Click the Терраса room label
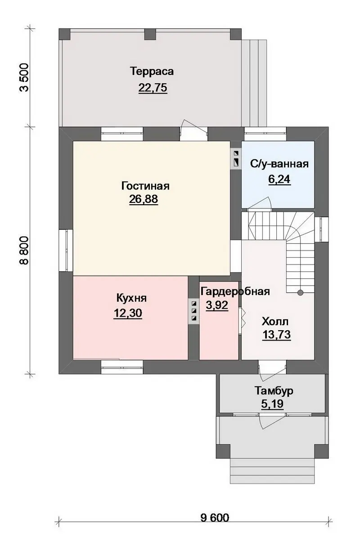[x=152, y=71]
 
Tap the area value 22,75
[x=153, y=87]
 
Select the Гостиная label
[x=145, y=186]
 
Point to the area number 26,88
[x=143, y=199]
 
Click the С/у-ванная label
[x=279, y=164]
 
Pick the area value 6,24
[x=279, y=179]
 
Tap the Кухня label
[x=131, y=298]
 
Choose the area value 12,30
[x=128, y=313]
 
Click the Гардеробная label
[x=235, y=292]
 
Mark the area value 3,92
[x=217, y=305]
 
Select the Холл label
[x=275, y=322]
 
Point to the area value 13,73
[x=276, y=335]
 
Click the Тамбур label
[x=274, y=391]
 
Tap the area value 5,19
[x=272, y=404]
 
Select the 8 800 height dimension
[x=25, y=251]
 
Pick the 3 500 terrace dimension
[x=25, y=78]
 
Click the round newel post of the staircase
[x=300, y=292]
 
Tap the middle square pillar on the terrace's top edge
[x=150, y=34]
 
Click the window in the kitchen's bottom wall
[x=122, y=367]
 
